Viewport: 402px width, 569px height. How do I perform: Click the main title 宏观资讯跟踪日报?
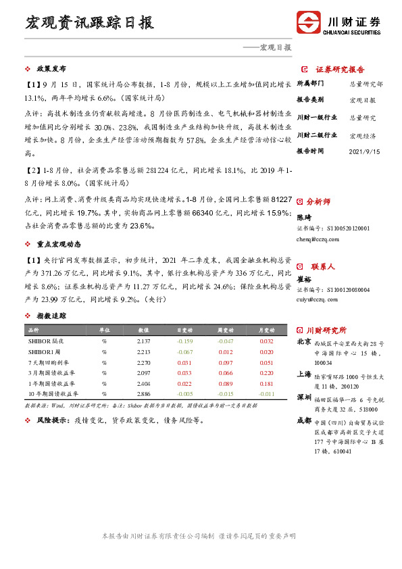(89, 22)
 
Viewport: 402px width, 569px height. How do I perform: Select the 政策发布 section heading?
(51, 69)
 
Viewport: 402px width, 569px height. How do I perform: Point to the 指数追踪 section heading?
(51, 316)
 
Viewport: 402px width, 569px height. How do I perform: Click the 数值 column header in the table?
(144, 330)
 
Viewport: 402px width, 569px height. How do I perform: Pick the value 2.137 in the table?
(144, 341)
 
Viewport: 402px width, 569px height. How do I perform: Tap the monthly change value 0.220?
(266, 373)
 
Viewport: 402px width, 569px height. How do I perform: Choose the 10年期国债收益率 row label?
(53, 393)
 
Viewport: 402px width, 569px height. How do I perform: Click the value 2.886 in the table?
(144, 393)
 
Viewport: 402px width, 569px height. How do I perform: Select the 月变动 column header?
(266, 330)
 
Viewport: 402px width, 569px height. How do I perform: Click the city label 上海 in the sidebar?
(304, 374)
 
